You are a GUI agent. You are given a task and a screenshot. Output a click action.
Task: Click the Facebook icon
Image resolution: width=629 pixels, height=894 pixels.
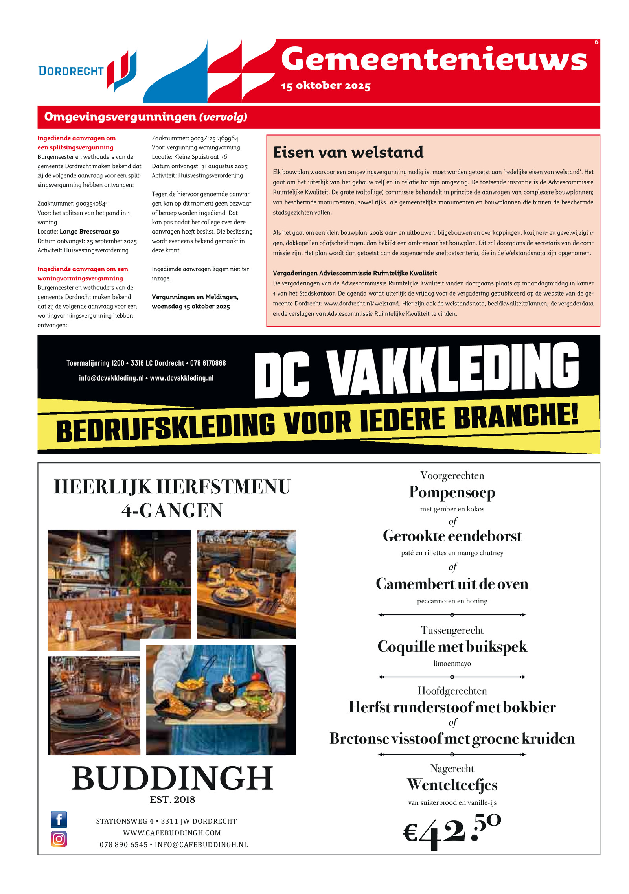59,820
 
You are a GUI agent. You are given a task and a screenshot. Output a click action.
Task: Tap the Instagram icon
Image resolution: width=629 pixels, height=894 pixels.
59,839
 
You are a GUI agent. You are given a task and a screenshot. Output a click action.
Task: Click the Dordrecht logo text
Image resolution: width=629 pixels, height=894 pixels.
71,71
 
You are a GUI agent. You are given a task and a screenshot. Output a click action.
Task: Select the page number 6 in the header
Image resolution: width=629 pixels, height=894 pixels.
596,42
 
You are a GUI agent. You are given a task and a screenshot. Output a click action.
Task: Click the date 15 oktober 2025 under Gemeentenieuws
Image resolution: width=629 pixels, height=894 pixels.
326,86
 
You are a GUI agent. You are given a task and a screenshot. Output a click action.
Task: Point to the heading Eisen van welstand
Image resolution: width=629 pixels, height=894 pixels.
348,153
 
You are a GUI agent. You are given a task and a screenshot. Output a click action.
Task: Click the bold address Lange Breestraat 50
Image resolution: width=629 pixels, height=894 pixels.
89,232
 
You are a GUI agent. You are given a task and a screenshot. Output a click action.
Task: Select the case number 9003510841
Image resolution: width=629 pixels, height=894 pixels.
92,204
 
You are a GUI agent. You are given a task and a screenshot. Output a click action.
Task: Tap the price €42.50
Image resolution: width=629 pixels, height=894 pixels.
452,831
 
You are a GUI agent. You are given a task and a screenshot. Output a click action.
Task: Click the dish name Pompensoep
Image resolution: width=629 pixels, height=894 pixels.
452,493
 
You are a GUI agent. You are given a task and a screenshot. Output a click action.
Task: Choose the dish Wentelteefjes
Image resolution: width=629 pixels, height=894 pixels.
452,785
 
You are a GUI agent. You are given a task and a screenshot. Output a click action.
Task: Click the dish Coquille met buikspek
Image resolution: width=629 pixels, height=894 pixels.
452,647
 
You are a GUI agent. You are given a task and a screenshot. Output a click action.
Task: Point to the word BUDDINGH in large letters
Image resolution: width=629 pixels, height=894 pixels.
172,778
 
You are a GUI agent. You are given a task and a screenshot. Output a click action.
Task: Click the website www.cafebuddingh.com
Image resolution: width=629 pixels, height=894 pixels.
172,833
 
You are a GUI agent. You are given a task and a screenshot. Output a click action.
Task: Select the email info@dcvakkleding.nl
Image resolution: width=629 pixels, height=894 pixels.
111,378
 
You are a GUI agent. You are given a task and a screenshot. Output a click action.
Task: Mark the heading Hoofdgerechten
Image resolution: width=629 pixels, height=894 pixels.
452,691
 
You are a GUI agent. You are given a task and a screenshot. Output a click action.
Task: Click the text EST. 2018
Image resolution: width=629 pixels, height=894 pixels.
172,800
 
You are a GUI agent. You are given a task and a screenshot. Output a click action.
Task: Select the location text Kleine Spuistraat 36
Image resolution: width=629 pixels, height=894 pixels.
200,157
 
